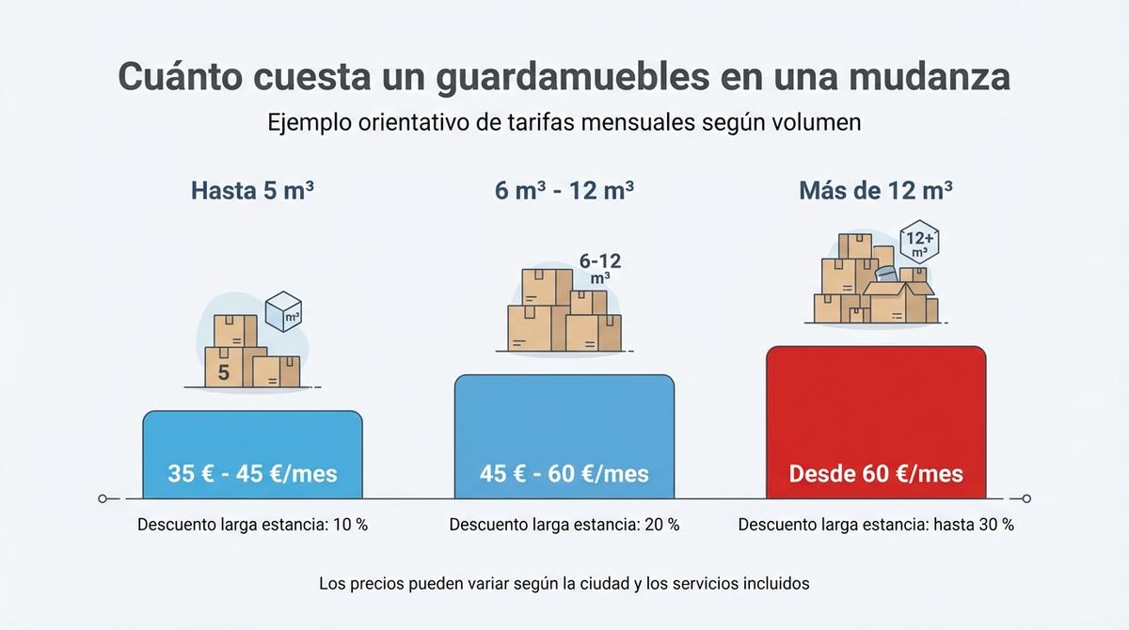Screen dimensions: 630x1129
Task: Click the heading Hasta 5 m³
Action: tap(252, 191)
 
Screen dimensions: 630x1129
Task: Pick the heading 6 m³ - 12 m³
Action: tap(564, 191)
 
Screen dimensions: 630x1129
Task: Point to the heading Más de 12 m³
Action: tap(875, 191)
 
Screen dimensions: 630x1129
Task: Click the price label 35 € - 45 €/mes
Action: tap(252, 473)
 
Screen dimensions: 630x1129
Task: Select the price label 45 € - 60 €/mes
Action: tap(564, 473)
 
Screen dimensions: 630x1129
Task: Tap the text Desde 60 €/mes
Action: tap(875, 473)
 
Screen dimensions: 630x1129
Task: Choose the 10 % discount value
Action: tap(349, 525)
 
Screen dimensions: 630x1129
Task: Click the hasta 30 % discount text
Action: tap(973, 525)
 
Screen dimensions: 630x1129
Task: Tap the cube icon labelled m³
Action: tap(283, 313)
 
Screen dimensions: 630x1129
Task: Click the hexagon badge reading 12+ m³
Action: tap(918, 242)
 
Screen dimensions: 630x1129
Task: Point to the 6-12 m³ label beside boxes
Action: tap(599, 268)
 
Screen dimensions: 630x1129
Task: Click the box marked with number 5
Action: tap(224, 370)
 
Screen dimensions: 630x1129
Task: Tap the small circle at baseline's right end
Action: tap(1026, 498)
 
